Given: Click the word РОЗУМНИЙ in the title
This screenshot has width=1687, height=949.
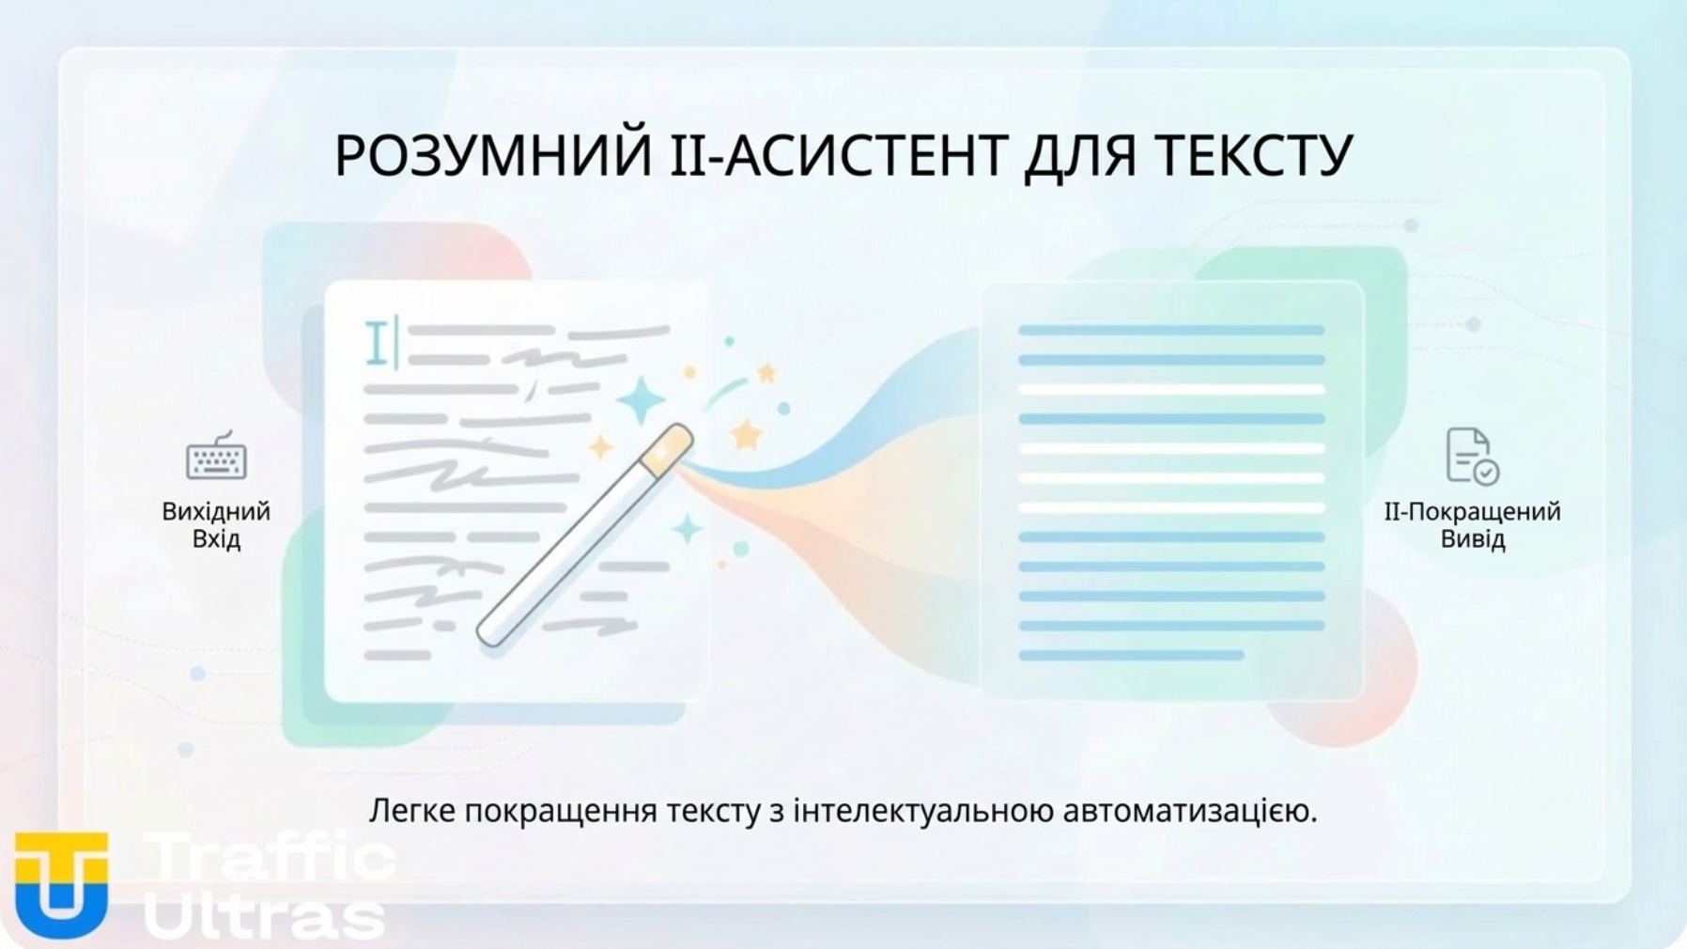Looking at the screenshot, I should [493, 156].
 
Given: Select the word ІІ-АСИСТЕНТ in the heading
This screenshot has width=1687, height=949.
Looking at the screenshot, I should [836, 156].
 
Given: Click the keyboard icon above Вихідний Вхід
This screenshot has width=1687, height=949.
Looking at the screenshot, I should [216, 457].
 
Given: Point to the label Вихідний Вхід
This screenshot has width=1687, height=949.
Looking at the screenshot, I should [216, 524].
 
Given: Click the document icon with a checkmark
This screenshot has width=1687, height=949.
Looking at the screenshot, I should [1471, 457].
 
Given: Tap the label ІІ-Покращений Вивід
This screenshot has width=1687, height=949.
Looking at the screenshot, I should [1472, 524].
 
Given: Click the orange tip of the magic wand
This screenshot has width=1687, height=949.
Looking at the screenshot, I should [667, 449].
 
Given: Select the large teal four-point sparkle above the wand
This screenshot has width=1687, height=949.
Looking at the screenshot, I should [642, 399].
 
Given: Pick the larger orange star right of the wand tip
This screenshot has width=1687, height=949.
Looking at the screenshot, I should [746, 434].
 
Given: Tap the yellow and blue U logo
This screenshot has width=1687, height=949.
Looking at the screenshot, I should [61, 884].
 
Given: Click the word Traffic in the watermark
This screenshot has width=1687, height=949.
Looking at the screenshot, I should [271, 858].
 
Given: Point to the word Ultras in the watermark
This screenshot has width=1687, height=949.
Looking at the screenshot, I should [265, 915].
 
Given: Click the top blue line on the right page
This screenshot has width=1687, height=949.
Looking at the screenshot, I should [1170, 330].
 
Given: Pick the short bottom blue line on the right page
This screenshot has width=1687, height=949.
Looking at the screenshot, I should [1131, 655].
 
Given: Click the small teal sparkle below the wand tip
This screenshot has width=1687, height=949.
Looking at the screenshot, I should [688, 529].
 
